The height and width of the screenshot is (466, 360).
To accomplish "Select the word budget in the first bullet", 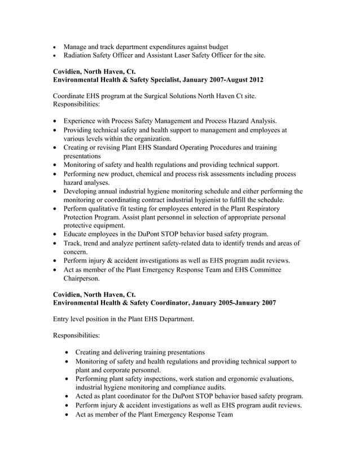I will (216, 46).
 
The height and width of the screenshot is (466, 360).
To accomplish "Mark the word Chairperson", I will (81, 278).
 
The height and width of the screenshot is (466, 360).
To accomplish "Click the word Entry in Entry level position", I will (62, 319).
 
